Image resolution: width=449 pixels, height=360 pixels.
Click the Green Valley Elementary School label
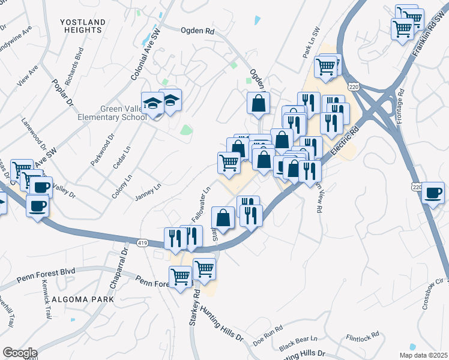(112, 113)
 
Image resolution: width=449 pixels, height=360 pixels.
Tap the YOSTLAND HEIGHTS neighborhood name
(83, 26)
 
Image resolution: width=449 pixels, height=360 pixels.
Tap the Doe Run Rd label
(268, 331)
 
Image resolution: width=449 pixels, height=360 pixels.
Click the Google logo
(19, 353)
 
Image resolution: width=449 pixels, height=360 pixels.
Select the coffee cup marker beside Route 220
(433, 193)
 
